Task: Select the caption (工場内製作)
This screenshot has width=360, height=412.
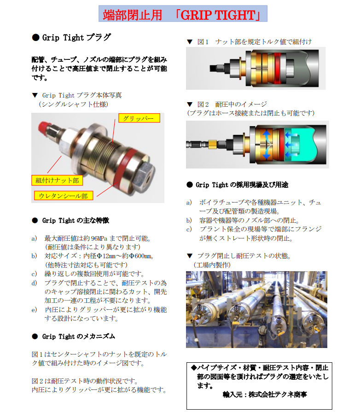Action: tap(212, 265)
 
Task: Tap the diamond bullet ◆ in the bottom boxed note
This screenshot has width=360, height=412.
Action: tap(193, 368)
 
